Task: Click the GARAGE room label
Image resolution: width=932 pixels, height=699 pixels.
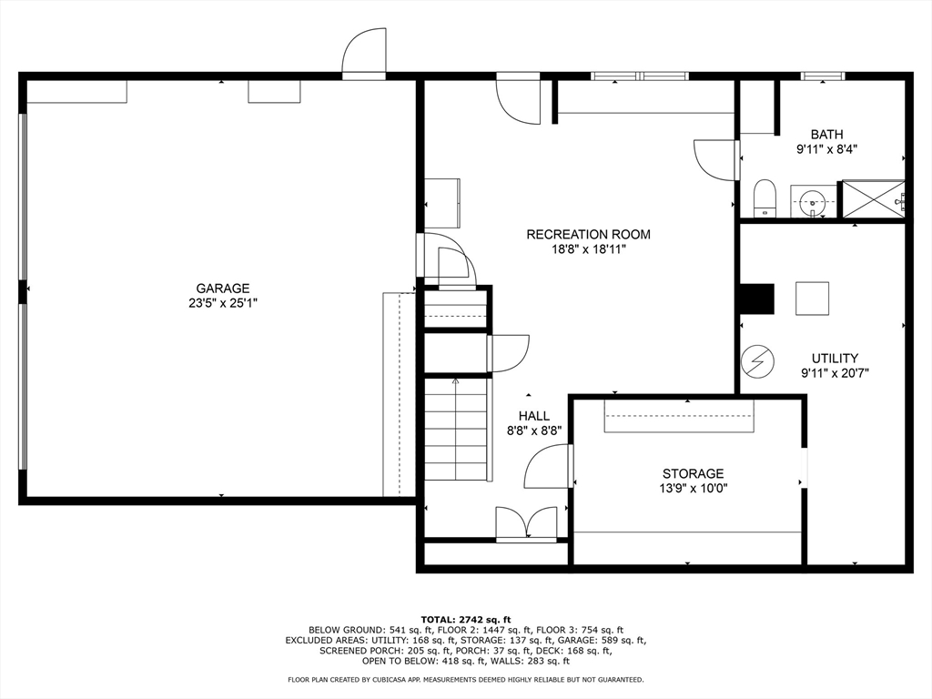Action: tap(223, 289)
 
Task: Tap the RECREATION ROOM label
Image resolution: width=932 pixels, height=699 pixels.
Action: tap(589, 234)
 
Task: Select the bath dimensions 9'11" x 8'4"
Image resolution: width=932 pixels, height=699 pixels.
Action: tap(826, 150)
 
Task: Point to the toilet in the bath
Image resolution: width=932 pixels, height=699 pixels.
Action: tap(765, 198)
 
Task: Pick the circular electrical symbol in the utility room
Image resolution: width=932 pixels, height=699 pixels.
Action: tap(758, 360)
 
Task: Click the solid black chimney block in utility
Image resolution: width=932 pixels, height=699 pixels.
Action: tap(756, 298)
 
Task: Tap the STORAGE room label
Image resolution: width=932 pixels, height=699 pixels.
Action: tap(693, 473)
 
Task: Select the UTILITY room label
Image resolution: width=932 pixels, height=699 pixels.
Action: tap(836, 359)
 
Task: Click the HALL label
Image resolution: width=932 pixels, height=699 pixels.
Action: tap(533, 416)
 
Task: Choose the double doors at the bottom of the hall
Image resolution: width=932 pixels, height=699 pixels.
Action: tap(528, 523)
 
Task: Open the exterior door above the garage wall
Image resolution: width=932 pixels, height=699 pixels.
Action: tap(364, 53)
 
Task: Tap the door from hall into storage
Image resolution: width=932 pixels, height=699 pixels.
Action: tap(548, 466)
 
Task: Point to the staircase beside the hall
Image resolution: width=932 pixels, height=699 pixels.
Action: tap(457, 429)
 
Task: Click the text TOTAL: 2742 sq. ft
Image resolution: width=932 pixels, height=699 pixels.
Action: tap(466, 619)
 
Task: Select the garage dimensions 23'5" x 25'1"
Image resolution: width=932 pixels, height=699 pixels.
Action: tap(223, 303)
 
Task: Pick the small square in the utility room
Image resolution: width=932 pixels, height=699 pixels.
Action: tap(812, 299)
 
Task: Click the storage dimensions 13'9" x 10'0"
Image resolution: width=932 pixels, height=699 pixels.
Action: tap(693, 489)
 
